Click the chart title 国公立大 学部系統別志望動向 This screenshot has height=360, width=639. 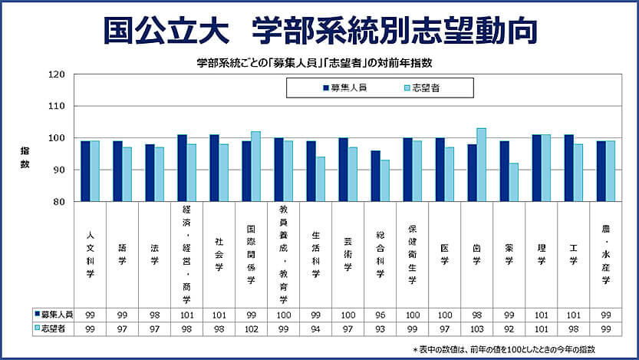coord(320,30)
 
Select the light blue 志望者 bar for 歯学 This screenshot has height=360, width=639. coord(481,164)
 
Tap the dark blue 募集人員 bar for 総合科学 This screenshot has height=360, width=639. coord(375,176)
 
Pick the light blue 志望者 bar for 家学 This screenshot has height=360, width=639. coord(513,182)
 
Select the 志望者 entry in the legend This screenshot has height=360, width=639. coord(425,88)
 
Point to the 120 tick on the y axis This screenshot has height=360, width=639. coord(56,74)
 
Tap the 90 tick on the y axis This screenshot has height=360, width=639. coord(59,170)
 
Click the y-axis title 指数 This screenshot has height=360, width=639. coord(25,158)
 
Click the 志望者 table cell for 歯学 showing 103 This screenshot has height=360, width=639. coord(476,328)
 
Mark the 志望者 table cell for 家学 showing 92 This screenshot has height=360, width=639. coord(509,328)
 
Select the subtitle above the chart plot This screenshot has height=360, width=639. coord(320,61)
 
